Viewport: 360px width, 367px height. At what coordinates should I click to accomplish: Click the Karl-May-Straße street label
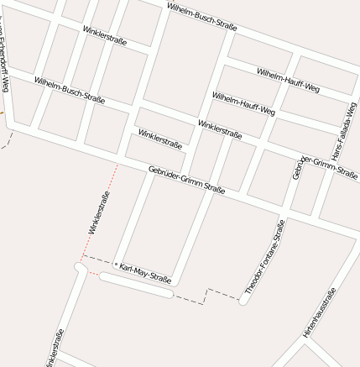(x=145, y=273)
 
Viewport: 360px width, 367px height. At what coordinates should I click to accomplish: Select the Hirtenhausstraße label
(x=320, y=312)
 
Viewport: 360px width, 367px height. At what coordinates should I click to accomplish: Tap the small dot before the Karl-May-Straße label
(x=116, y=264)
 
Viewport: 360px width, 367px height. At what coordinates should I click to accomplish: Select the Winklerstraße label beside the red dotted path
(x=100, y=212)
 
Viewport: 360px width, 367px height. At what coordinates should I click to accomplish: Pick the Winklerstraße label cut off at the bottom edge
(x=55, y=349)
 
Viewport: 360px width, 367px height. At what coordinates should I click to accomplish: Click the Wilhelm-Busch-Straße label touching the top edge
(x=201, y=16)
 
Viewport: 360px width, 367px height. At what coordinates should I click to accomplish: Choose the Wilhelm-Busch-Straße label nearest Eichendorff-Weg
(x=69, y=90)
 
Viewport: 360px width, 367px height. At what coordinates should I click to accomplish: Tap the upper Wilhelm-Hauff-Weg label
(x=288, y=81)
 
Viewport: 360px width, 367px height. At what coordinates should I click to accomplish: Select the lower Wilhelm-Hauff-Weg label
(x=243, y=103)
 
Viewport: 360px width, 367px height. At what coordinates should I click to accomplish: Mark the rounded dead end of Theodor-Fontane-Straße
(x=243, y=300)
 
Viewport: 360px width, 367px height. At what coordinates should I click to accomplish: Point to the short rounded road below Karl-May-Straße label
(x=134, y=286)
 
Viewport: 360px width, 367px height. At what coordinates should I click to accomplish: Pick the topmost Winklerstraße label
(x=105, y=36)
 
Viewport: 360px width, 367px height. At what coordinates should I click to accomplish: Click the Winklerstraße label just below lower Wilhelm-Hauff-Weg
(x=220, y=129)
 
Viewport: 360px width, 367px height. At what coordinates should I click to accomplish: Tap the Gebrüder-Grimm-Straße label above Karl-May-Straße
(x=186, y=180)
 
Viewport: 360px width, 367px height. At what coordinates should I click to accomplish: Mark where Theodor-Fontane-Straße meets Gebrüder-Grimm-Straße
(x=284, y=210)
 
